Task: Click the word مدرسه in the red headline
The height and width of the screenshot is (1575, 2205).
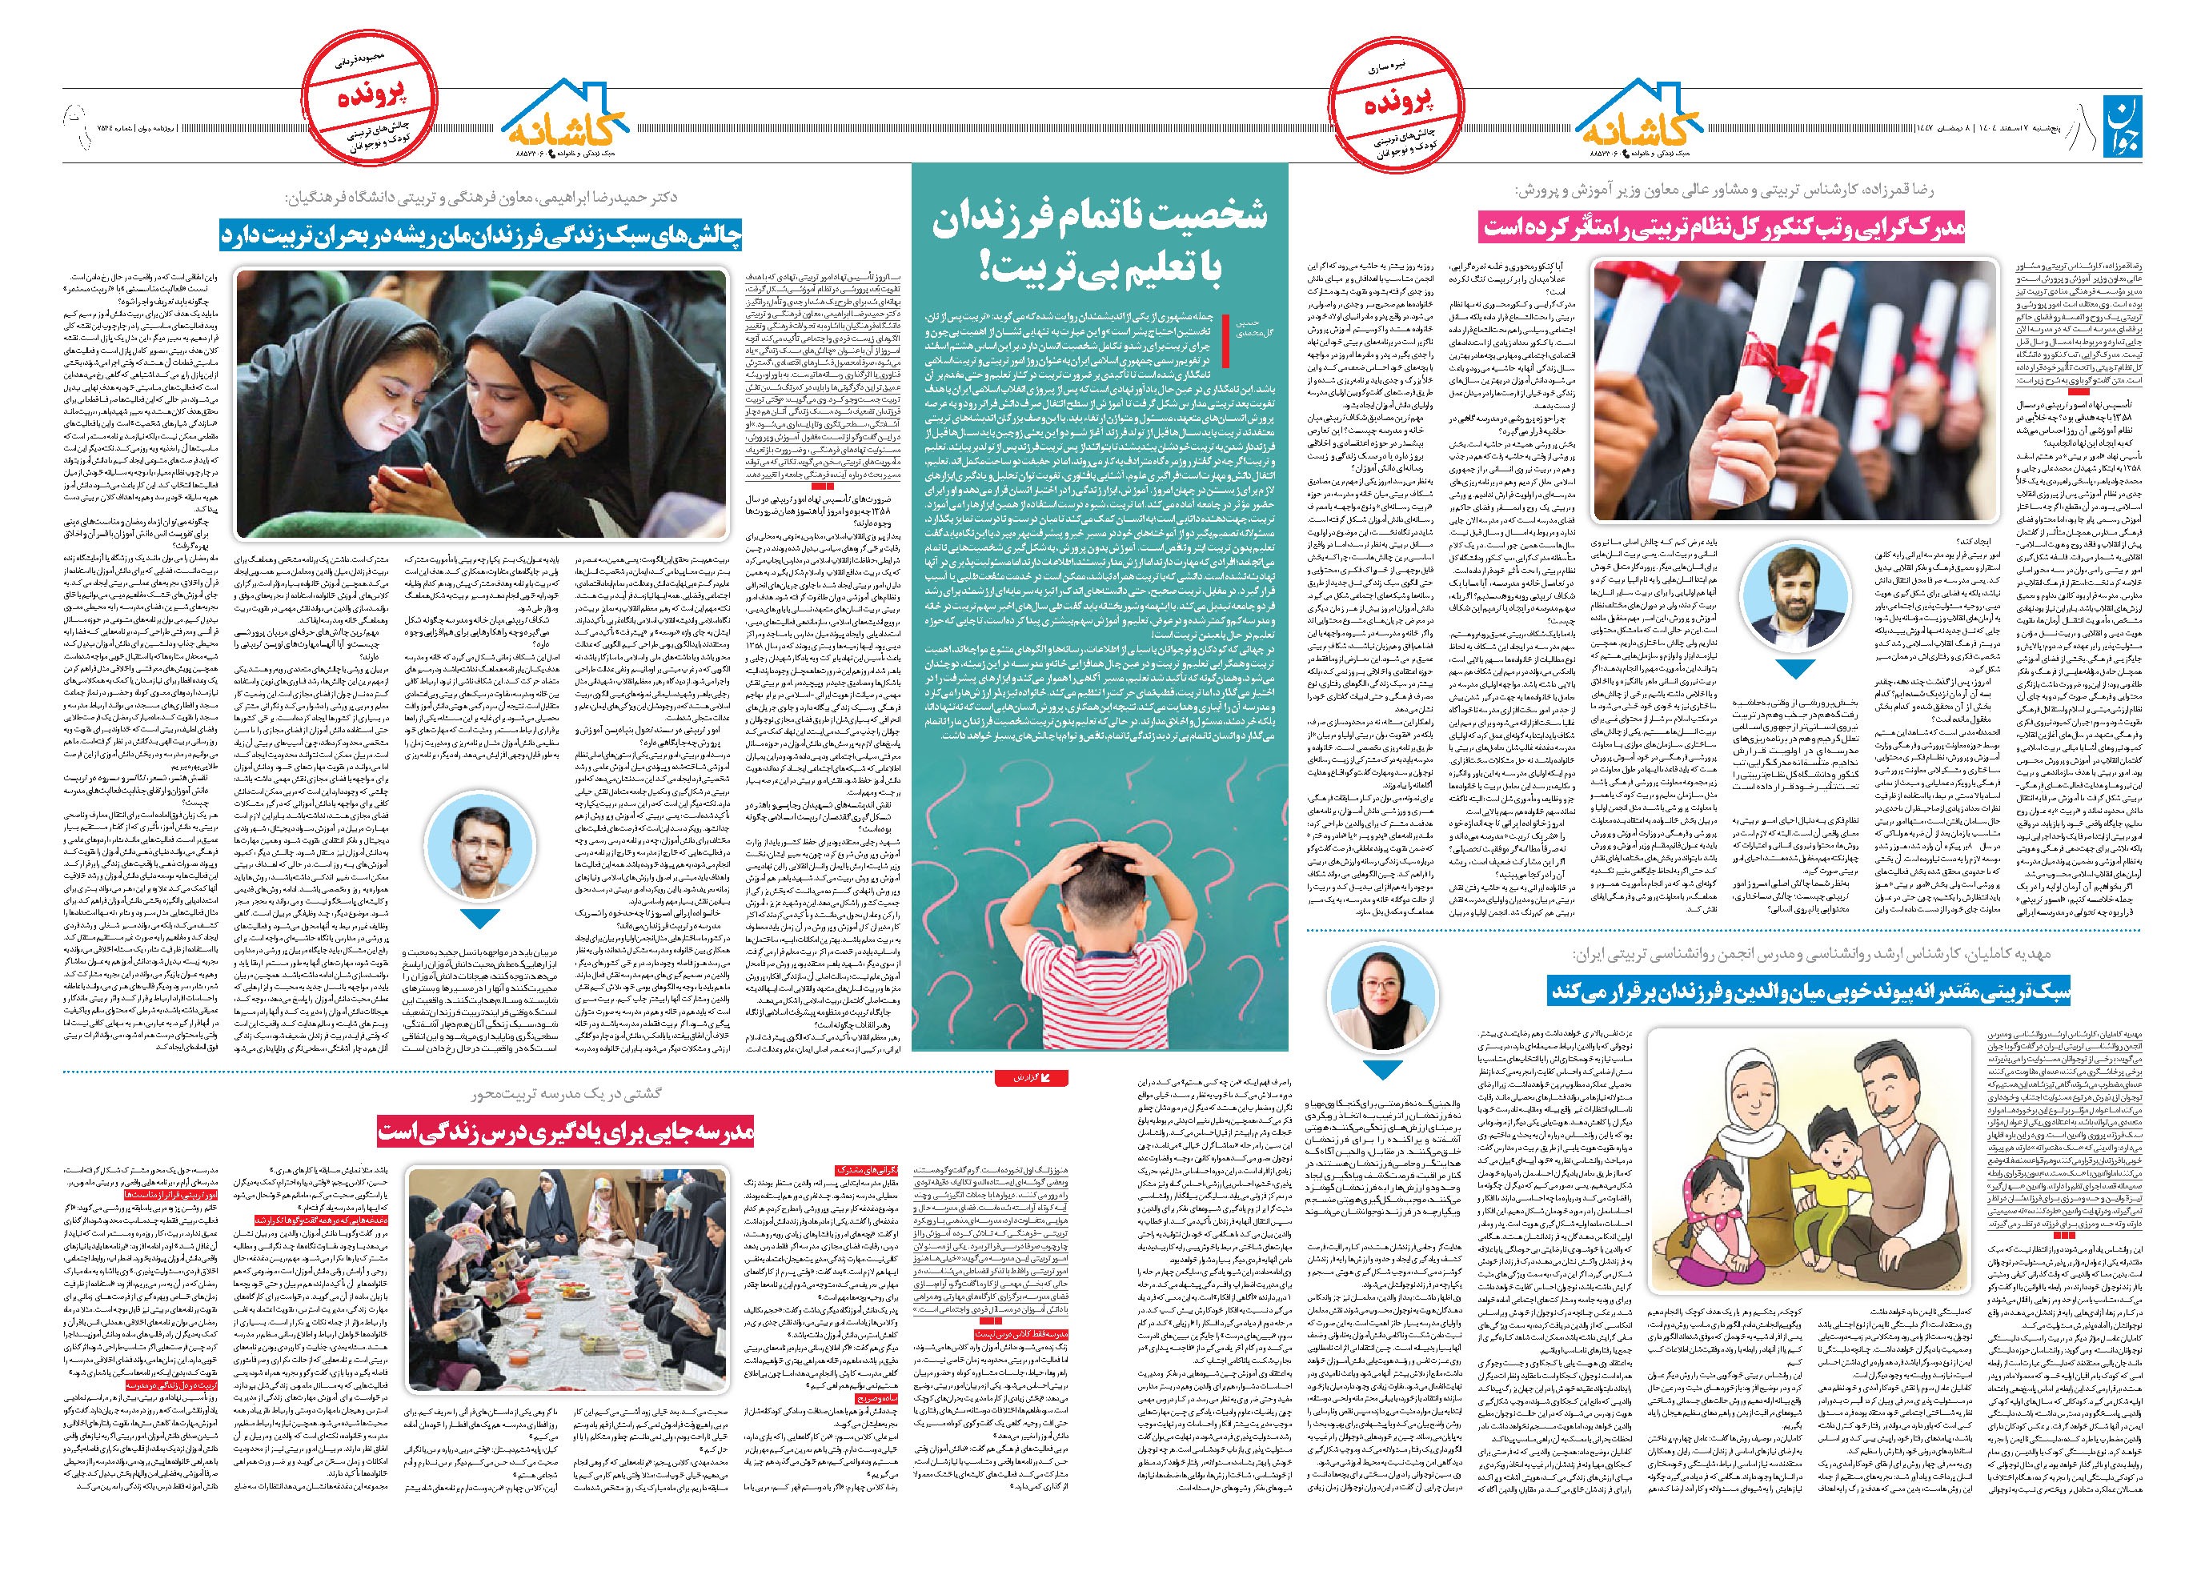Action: (716, 1131)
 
